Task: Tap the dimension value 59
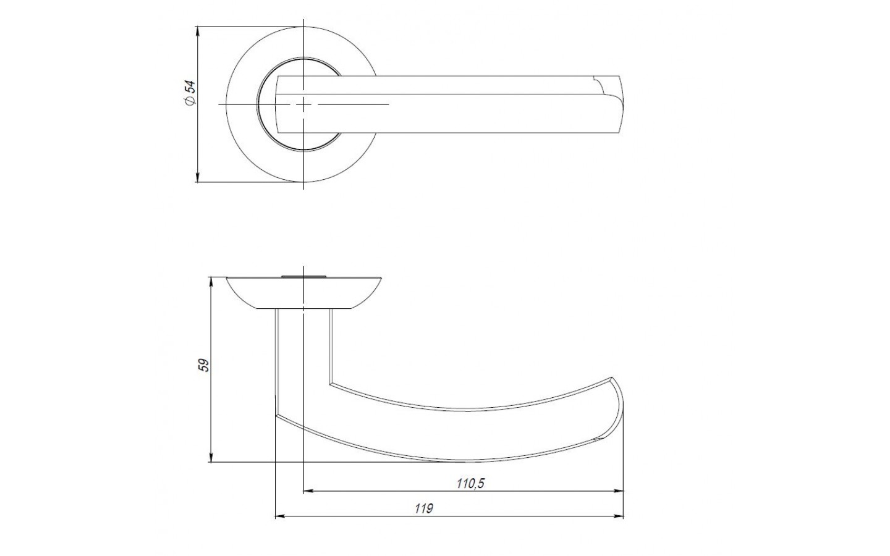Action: tap(204, 365)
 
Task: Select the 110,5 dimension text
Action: tap(470, 483)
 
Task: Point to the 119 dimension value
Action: tap(423, 508)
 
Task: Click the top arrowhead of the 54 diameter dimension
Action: tap(197, 31)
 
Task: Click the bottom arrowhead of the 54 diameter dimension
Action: tap(197, 178)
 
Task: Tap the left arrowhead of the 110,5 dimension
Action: tap(309, 491)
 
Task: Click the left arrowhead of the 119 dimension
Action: tap(281, 516)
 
